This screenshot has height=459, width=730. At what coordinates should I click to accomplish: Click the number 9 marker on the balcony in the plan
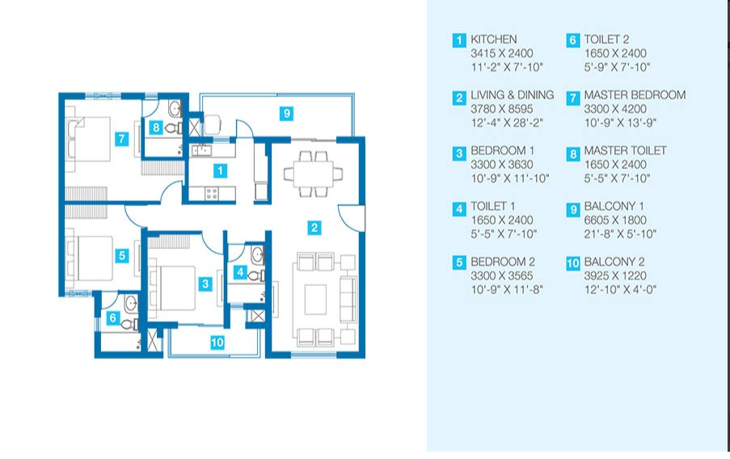pyautogui.click(x=287, y=113)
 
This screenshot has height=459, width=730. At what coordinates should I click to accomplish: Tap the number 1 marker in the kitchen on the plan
pyautogui.click(x=220, y=171)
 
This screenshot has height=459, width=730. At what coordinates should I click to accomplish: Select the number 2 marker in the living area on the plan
pyautogui.click(x=314, y=228)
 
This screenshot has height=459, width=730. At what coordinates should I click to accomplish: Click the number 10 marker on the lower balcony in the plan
pyautogui.click(x=217, y=343)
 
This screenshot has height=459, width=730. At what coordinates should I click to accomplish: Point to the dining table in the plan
pyautogui.click(x=313, y=174)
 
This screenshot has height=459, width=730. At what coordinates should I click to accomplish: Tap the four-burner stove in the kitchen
pyautogui.click(x=211, y=192)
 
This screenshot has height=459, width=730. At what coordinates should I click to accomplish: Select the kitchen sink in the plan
pyautogui.click(x=201, y=149)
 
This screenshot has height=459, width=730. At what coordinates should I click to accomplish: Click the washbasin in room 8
pyautogui.click(x=175, y=109)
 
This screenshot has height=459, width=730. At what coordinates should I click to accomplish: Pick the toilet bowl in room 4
pyautogui.click(x=256, y=276)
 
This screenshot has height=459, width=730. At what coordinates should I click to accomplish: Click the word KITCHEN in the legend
pyautogui.click(x=493, y=39)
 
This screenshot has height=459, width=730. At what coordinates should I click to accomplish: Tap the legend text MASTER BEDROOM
pyautogui.click(x=635, y=95)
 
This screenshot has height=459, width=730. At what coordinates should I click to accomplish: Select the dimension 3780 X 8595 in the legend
pyautogui.click(x=501, y=109)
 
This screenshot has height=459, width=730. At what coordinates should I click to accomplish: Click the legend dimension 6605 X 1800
pyautogui.click(x=615, y=220)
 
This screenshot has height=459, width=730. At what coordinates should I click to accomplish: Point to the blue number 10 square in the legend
pyautogui.click(x=573, y=263)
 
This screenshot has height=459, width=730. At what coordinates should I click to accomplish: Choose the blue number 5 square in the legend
pyautogui.click(x=459, y=263)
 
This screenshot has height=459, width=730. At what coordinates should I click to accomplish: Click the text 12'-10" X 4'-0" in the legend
pyautogui.click(x=620, y=289)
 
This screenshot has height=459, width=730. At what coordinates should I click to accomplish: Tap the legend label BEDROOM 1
pyautogui.click(x=502, y=151)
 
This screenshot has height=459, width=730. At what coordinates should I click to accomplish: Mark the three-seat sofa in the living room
pyautogui.click(x=348, y=299)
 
